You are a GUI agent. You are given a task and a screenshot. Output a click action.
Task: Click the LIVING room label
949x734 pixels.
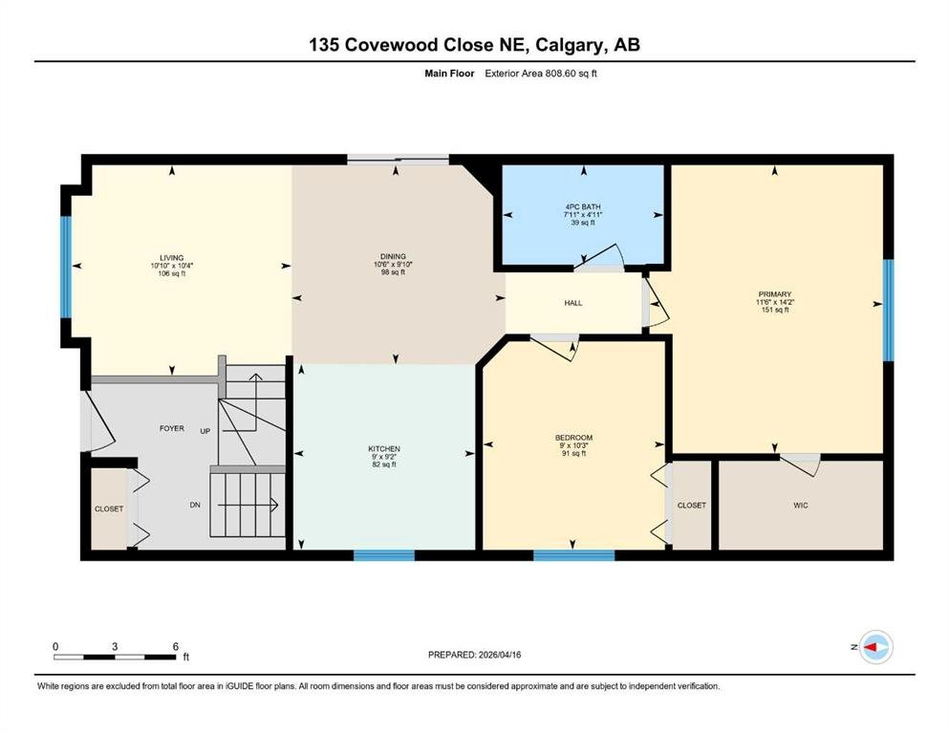click(172, 258)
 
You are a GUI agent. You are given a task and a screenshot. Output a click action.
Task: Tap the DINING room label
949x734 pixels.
click(393, 256)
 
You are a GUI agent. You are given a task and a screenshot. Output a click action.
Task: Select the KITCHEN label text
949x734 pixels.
click(384, 449)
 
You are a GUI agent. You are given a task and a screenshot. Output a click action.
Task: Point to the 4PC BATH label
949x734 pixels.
click(583, 207)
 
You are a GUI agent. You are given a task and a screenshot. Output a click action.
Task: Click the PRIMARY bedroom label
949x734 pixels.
click(775, 294)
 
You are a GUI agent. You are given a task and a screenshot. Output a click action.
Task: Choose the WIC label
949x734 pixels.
click(801, 506)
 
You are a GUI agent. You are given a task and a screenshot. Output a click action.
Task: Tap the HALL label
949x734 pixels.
click(573, 303)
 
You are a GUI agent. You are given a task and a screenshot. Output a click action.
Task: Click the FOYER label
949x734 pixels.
click(172, 428)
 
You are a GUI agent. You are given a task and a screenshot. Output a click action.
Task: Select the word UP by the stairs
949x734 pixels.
click(205, 431)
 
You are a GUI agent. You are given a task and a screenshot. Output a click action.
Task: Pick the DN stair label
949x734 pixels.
click(195, 505)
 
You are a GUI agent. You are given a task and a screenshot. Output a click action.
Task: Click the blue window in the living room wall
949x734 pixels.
click(65, 267)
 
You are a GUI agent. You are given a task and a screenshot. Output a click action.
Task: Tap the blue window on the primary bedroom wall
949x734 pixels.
click(888, 311)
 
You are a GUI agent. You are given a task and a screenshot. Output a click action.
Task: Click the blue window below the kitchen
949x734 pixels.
click(384, 555)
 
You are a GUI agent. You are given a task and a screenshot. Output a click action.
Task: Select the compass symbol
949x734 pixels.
click(875, 647)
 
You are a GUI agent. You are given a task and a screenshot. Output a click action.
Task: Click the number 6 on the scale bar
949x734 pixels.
click(176, 646)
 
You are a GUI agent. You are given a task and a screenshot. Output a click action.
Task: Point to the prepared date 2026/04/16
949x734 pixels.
click(499, 655)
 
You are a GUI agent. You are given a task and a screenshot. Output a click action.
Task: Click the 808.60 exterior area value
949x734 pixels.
click(562, 74)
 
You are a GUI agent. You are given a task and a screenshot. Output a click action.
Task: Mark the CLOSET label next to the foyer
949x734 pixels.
click(109, 508)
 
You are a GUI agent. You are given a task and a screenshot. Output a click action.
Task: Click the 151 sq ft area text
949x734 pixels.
click(775, 310)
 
